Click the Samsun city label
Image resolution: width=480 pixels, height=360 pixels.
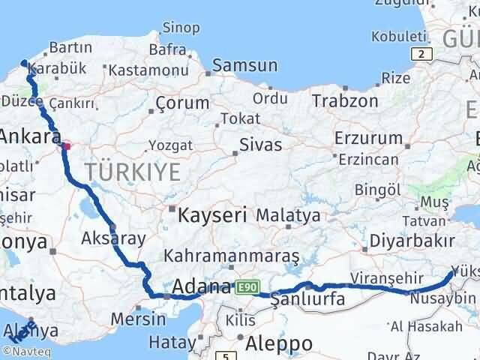tap(241, 66)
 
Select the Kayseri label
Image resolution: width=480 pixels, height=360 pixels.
tap(212, 215)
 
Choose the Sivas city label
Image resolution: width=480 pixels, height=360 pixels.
tap(260, 144)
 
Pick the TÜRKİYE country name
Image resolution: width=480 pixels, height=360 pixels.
tap(133, 172)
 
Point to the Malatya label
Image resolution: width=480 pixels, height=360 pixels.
tap(287, 216)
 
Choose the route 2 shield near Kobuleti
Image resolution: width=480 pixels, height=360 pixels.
tap(423, 54)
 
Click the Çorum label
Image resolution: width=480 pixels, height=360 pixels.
tap(178, 103)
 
